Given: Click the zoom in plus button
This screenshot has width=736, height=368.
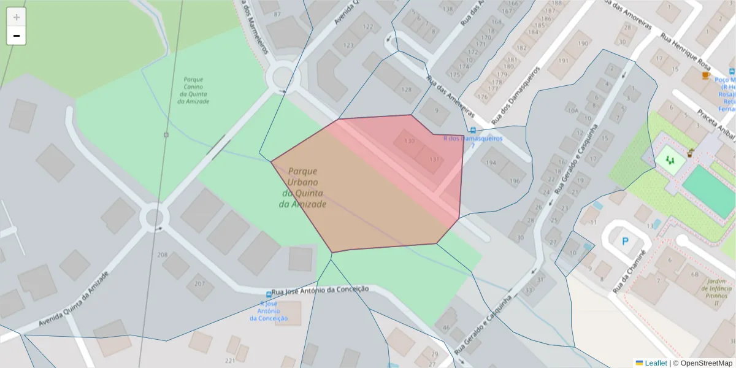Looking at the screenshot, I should pos(17,17).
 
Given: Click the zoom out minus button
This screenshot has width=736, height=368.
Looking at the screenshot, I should pos(17,36).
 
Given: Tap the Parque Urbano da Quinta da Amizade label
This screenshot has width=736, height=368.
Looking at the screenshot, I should pos(303,188).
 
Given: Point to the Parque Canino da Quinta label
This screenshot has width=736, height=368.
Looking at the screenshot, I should pos(193,90).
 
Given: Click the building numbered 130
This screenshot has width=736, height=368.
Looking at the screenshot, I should pos(410,141).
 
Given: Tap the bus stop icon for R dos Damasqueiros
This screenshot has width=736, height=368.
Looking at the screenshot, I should pos(472,130).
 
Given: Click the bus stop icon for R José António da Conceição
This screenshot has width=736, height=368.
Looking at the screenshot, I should pos(269,295).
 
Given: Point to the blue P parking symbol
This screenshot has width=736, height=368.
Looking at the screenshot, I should pos(625,242).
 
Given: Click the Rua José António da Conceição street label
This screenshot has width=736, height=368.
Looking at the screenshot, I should pos(320,290).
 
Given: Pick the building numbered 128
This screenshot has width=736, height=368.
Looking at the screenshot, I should pos(407,90).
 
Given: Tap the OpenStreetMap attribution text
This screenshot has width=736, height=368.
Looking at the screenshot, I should pos(702,363).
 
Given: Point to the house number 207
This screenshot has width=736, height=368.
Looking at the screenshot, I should pos(199,284).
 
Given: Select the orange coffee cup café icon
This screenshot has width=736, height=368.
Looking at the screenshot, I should pos(705,75).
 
